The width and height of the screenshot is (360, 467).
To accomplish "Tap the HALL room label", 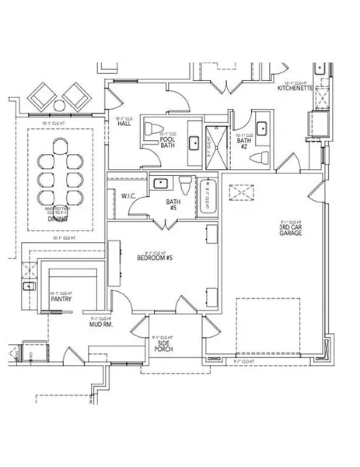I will click(123, 124).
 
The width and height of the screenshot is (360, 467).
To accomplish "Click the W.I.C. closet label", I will click(129, 195).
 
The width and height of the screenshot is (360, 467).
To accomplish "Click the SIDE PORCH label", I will click(163, 346).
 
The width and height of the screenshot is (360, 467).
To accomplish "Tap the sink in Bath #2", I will click(261, 128).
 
